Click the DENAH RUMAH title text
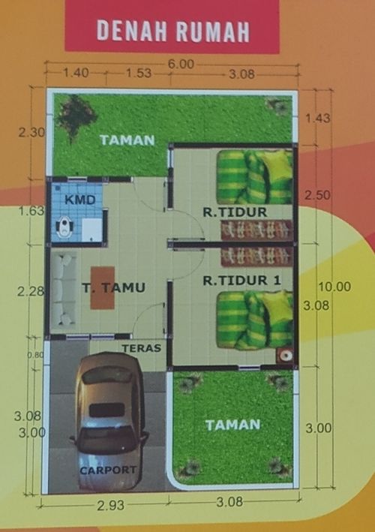click(173, 31)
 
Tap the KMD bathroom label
click(79, 200)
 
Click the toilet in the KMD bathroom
click(63, 227)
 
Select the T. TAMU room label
click(114, 287)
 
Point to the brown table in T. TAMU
click(103, 288)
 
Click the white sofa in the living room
click(64, 290)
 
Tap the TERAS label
click(142, 348)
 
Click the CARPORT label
click(108, 470)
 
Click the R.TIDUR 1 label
click(241, 281)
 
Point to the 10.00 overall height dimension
click(334, 287)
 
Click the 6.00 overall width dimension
click(181, 64)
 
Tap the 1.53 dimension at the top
click(139, 73)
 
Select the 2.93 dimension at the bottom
click(110, 506)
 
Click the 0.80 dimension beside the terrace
click(35, 355)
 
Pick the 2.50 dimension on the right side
click(317, 195)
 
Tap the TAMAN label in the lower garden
click(233, 425)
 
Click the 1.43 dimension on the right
click(318, 119)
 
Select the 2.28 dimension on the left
click(31, 291)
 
